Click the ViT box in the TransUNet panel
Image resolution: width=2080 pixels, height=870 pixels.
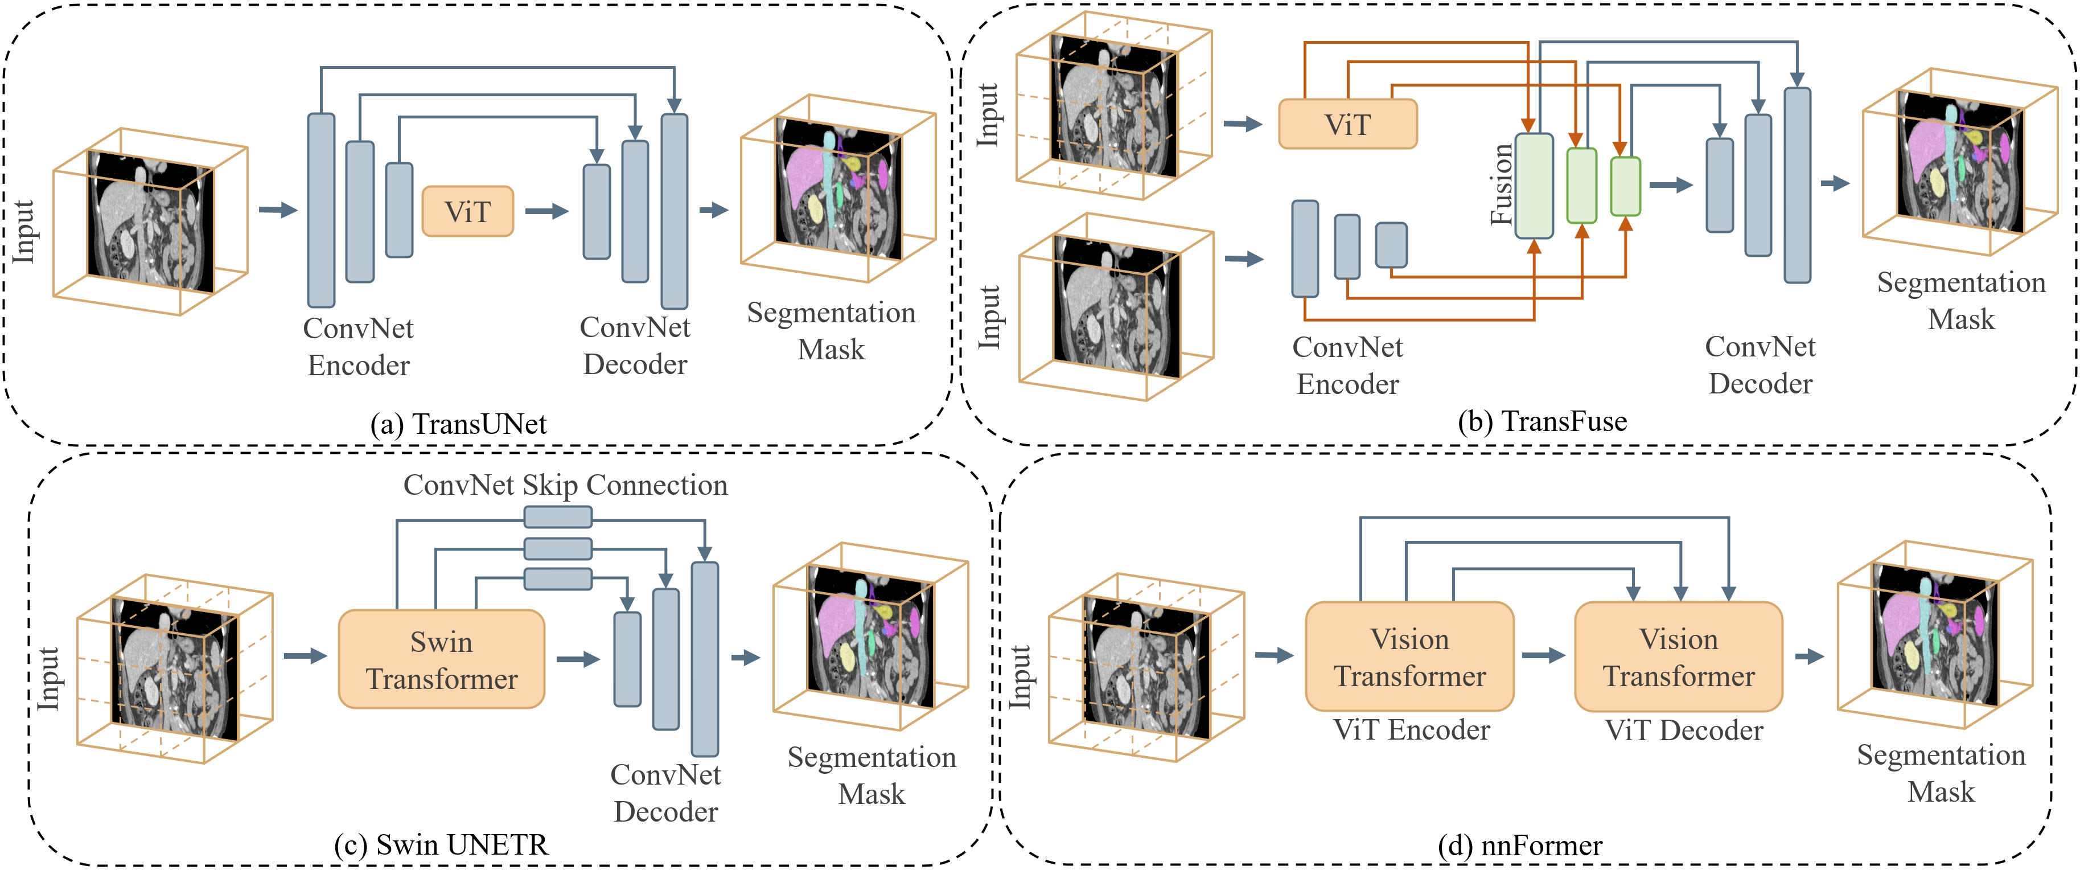tap(467, 212)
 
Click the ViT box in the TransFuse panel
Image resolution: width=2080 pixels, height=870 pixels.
tap(1347, 124)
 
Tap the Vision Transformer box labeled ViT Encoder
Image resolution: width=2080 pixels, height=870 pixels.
tap(1409, 656)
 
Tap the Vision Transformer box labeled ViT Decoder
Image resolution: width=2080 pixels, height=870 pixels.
tap(1678, 656)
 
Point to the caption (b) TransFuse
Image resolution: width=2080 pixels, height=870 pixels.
tap(1542, 421)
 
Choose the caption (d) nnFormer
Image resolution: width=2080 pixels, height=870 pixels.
tap(1520, 845)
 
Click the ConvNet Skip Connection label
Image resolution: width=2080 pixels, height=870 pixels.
tap(565, 485)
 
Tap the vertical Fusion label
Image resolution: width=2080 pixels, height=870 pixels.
tap(1501, 184)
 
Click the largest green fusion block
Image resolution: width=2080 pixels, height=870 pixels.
tap(1534, 186)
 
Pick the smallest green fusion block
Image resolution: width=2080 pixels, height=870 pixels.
tap(1625, 187)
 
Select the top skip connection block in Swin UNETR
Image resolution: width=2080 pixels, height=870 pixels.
tap(557, 517)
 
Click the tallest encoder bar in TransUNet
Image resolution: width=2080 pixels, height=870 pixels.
tap(322, 210)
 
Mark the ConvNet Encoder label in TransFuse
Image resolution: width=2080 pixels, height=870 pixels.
tap(1347, 365)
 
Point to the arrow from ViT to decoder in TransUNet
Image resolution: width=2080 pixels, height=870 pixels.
tap(546, 212)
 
